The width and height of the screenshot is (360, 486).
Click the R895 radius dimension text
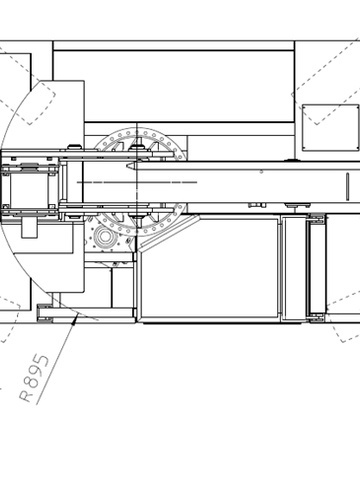pos(34,378)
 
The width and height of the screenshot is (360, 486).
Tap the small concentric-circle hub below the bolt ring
pos(105,236)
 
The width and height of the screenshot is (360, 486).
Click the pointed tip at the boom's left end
pos(127,165)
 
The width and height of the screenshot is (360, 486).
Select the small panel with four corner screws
pos(331,128)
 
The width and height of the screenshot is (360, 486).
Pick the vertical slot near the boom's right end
pos(348,186)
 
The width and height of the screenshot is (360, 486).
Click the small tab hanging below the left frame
pos(29,227)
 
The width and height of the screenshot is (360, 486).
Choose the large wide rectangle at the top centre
pos(174,86)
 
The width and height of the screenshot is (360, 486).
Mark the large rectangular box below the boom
pos(210,269)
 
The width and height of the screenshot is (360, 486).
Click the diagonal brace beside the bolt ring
pos(169,233)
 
